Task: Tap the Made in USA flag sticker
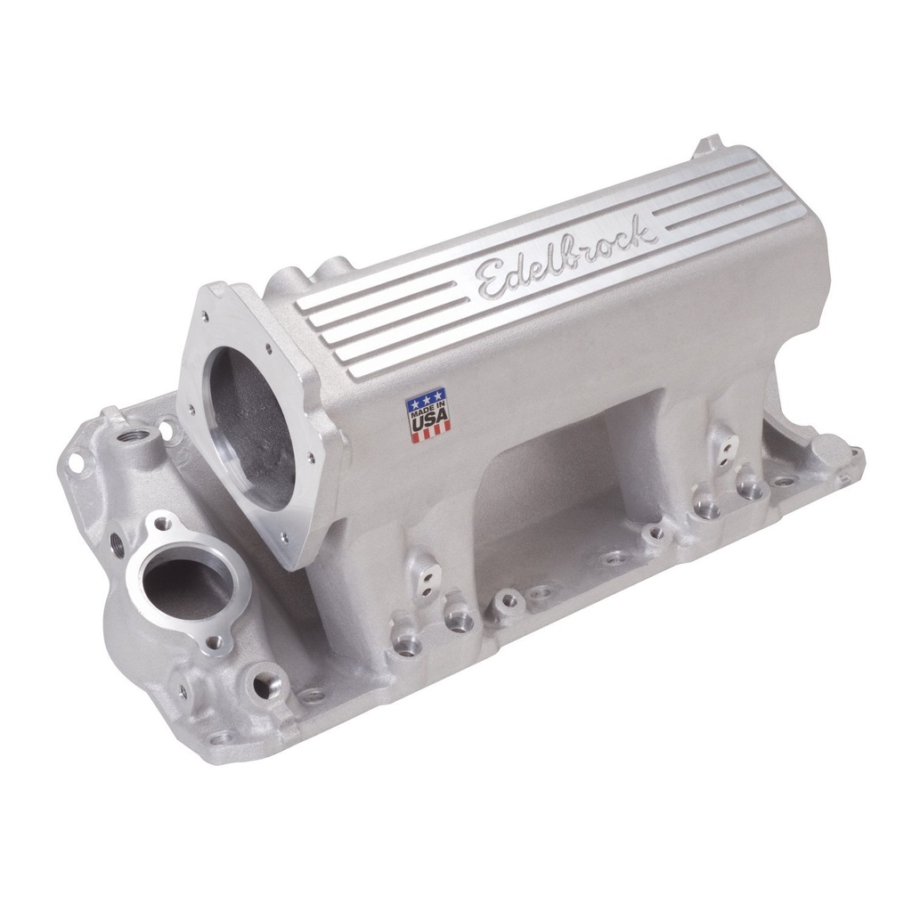[x=428, y=414]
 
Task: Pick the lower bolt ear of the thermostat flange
[x=214, y=640]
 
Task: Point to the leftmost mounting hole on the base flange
[x=76, y=462]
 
